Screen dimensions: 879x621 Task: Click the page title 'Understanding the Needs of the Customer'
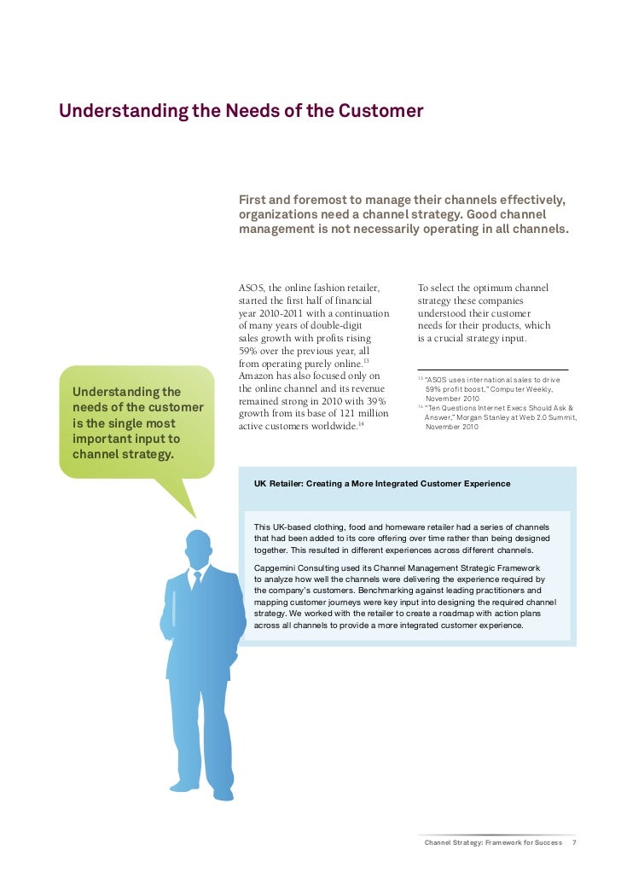click(241, 112)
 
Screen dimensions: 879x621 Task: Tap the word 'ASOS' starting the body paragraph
click(253, 288)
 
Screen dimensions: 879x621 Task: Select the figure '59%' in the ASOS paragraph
click(251, 350)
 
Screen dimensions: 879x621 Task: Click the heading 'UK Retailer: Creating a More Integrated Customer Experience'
click(382, 484)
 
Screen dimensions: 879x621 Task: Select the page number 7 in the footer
click(574, 842)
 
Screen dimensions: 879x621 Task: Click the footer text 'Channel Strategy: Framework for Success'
click(493, 842)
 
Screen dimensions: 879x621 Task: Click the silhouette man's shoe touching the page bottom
click(223, 794)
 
